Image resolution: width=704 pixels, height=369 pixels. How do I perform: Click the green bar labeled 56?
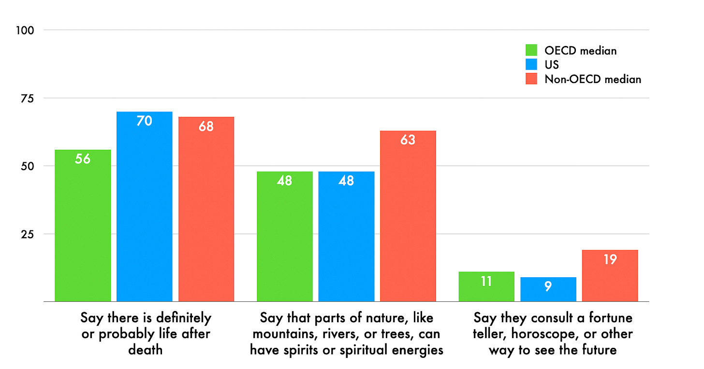(83, 226)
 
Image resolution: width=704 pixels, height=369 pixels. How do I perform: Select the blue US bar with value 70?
(145, 207)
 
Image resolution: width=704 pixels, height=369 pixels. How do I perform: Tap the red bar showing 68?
(206, 209)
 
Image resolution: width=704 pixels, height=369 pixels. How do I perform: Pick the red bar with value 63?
(408, 216)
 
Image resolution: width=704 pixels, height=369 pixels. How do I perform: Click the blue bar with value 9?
(548, 289)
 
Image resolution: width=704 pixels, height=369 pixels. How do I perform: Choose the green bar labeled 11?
(486, 286)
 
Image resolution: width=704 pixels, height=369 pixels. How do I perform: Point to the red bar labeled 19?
(610, 276)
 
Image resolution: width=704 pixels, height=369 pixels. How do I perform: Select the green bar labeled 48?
(285, 236)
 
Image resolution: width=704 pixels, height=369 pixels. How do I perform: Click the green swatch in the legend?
(532, 50)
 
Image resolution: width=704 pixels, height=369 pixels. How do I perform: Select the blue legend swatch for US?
(532, 65)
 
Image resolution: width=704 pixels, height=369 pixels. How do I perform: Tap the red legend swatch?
(532, 79)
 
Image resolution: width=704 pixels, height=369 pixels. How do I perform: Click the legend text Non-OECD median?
(593, 79)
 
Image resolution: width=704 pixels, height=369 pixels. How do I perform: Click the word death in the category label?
(145, 350)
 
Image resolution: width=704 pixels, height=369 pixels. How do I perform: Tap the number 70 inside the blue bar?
(144, 121)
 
